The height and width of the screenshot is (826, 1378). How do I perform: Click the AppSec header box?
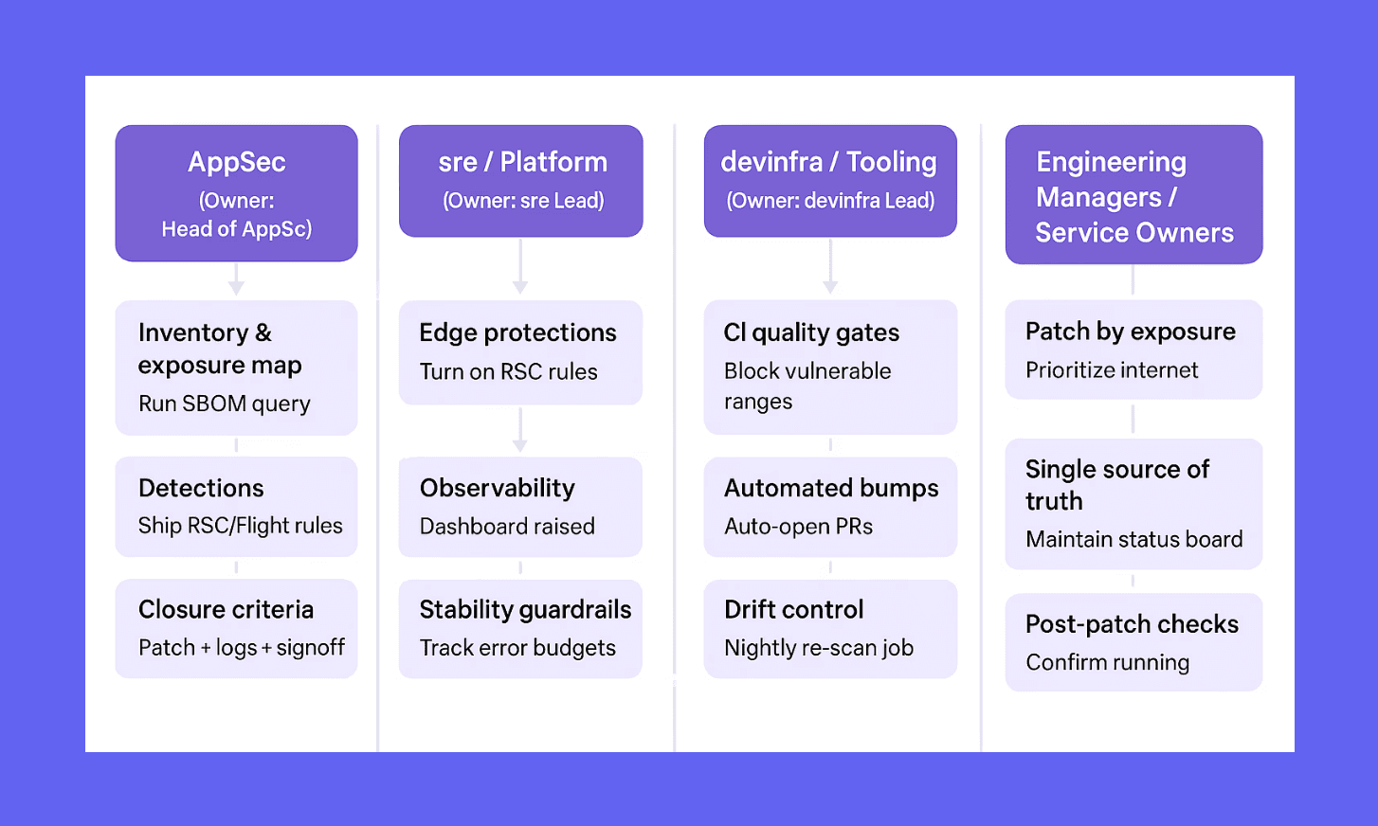(x=236, y=193)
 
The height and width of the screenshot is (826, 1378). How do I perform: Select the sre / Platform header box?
(x=520, y=181)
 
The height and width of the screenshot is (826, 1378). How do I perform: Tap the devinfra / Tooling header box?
(x=830, y=181)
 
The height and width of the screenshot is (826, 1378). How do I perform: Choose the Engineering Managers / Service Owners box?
(x=1133, y=195)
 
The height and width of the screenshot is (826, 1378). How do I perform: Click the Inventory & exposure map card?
(x=236, y=368)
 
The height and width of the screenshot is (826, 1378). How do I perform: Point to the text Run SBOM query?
(x=225, y=404)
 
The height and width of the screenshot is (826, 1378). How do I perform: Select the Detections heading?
(x=201, y=488)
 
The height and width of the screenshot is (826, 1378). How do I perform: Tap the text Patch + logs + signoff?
(x=242, y=648)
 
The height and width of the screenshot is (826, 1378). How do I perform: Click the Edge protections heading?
(x=517, y=332)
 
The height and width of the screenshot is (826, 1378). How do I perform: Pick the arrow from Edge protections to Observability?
(x=519, y=430)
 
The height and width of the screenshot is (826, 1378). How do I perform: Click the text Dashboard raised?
(x=507, y=527)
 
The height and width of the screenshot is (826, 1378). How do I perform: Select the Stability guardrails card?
(x=520, y=629)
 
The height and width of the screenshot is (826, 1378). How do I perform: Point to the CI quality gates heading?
(x=811, y=332)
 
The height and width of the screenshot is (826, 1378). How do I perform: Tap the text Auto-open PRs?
(x=798, y=527)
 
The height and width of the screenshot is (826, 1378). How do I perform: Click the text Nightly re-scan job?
(x=819, y=648)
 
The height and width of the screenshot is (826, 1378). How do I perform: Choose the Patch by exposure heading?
(x=1130, y=332)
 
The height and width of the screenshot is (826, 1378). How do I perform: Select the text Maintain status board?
(x=1133, y=540)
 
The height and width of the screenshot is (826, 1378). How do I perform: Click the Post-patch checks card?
(x=1133, y=642)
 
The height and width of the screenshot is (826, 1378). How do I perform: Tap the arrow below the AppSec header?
(x=236, y=280)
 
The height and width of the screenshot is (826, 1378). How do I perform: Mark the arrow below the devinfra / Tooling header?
(x=830, y=268)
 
